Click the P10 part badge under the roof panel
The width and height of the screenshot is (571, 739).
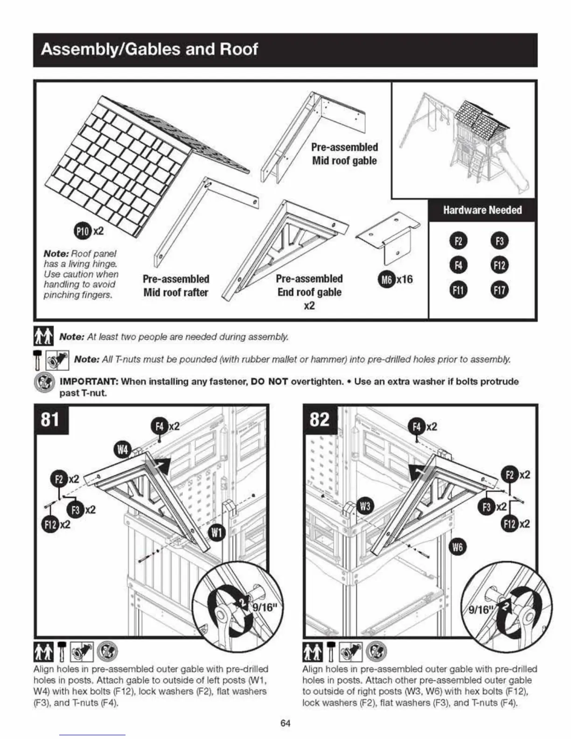83,231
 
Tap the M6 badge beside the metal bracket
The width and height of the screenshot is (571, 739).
386,279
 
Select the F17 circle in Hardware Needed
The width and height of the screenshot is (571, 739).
499,290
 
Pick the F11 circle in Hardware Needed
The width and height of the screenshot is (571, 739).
458,290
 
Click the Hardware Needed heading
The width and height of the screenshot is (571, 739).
482,210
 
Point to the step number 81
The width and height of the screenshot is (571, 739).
50,419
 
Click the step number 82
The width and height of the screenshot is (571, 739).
319,419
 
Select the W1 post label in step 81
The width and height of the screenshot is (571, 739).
216,532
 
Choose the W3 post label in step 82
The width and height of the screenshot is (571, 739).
365,506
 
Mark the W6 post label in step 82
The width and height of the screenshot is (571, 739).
458,547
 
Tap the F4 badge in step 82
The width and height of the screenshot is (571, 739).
417,426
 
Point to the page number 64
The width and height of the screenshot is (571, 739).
285,723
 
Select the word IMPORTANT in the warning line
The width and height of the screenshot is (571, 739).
89,382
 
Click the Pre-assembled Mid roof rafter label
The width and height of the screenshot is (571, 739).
176,286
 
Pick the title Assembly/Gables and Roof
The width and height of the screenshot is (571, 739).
149,49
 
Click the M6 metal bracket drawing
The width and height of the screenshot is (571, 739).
387,236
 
